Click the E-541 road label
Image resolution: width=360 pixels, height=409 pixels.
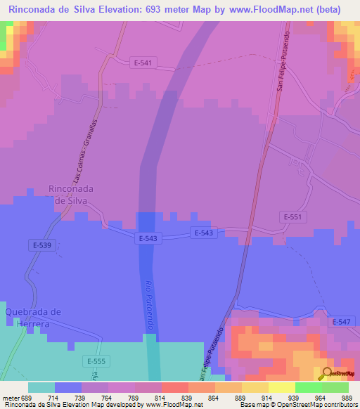tap(143, 63)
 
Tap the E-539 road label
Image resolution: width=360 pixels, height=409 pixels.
tap(41, 245)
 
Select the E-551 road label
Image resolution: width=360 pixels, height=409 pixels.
tap(293, 217)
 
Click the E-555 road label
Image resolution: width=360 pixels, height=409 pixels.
tap(96, 361)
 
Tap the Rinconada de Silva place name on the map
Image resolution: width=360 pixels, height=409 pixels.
tap(72, 194)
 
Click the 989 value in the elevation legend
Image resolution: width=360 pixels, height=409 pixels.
tap(344, 397)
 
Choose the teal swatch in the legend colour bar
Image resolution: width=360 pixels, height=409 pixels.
tap(41, 387)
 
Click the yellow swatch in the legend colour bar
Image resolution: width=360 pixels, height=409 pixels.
tap(281, 387)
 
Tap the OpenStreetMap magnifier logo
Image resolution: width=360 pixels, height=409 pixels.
tap(326, 373)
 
